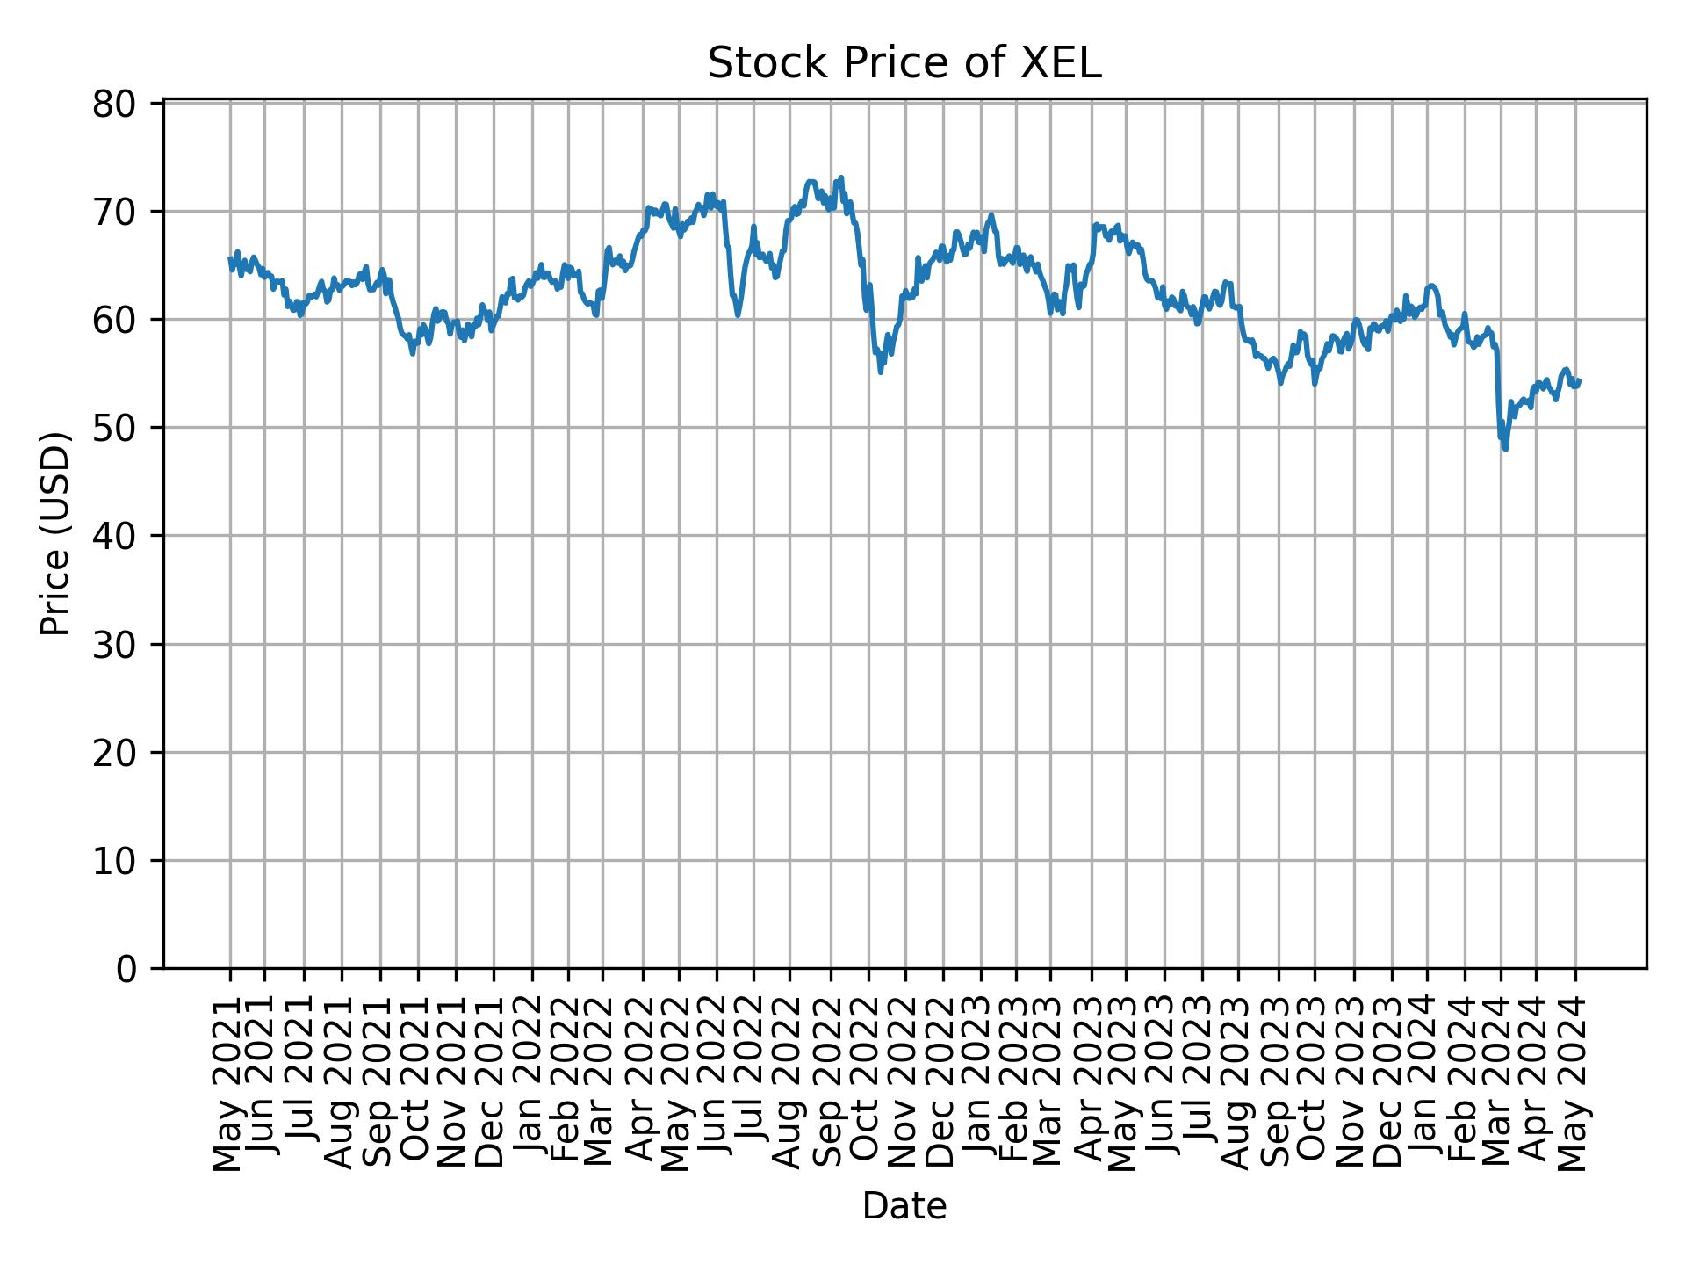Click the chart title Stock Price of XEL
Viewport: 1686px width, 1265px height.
click(x=904, y=63)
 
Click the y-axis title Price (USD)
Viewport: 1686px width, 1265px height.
click(x=55, y=533)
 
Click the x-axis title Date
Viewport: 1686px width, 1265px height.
click(x=904, y=1206)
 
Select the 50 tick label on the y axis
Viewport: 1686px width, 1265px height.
click(x=115, y=429)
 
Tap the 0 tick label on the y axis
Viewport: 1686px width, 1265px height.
click(x=126, y=969)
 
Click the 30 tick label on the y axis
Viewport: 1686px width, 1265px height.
click(x=115, y=645)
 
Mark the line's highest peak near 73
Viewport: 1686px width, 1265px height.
click(x=841, y=177)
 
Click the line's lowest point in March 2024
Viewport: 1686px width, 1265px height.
click(x=1506, y=449)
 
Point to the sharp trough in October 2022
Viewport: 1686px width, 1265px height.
click(x=881, y=372)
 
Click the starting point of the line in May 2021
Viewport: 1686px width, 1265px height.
click(x=230, y=259)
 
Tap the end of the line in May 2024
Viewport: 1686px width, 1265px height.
click(x=1580, y=380)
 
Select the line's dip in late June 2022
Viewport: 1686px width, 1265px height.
click(x=738, y=314)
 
